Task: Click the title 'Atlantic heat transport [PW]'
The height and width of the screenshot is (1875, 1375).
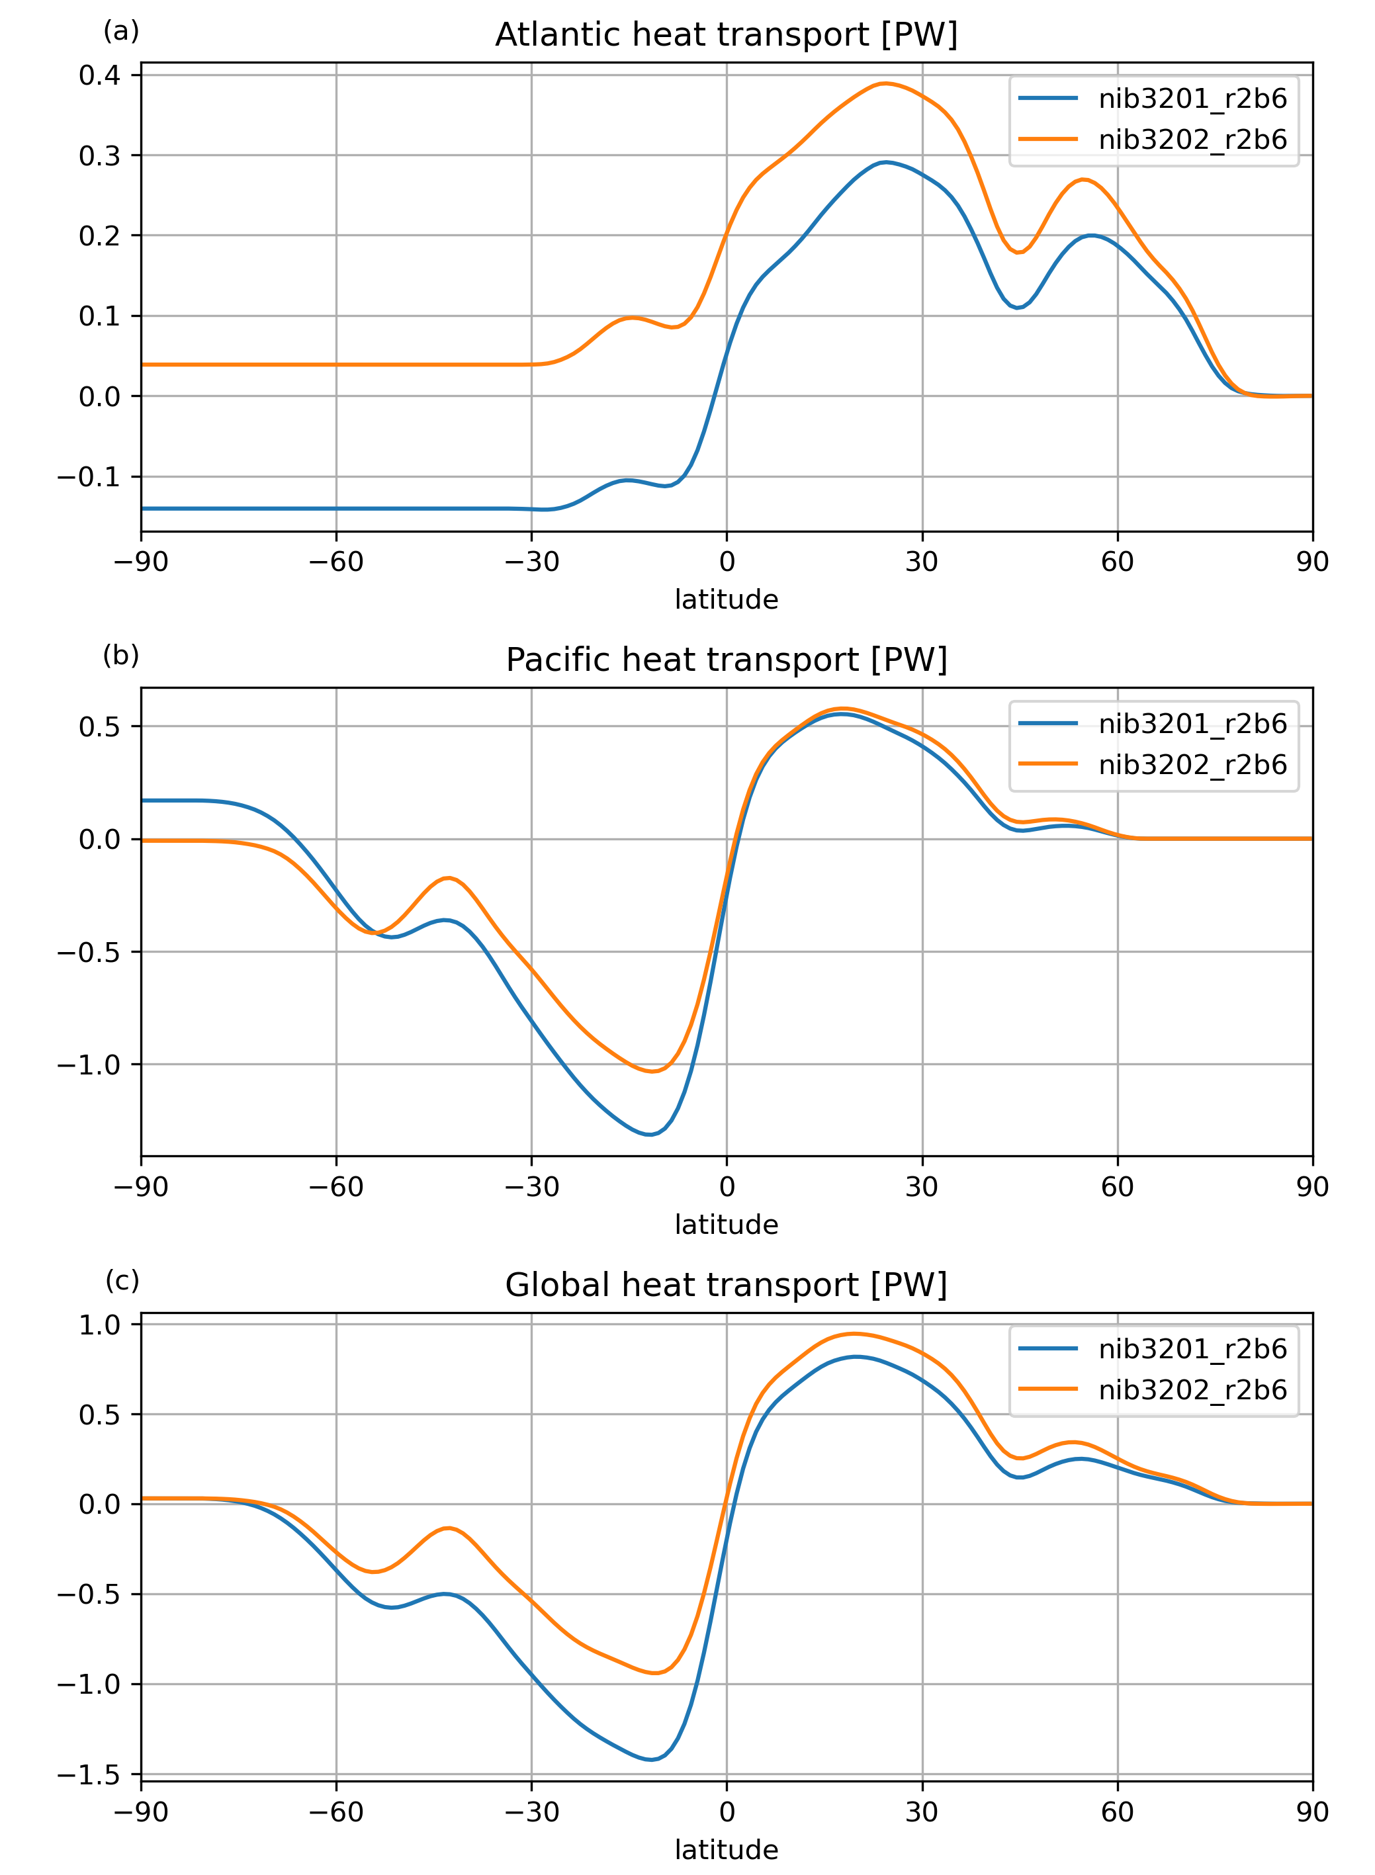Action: (726, 35)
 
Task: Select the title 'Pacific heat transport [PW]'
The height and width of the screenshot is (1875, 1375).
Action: (726, 660)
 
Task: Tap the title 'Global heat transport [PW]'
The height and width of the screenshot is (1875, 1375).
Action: (726, 1285)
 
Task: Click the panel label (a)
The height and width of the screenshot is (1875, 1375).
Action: (120, 32)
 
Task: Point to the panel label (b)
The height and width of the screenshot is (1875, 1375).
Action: (120, 656)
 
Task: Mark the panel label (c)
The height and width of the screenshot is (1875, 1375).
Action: (122, 1281)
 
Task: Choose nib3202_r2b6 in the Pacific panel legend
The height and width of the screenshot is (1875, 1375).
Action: (1192, 765)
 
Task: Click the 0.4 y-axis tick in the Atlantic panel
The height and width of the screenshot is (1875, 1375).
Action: (99, 75)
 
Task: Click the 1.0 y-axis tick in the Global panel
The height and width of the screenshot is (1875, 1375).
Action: (99, 1325)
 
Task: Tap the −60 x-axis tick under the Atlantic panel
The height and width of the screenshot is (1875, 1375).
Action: (336, 562)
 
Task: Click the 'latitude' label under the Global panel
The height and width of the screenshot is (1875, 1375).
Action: (726, 1850)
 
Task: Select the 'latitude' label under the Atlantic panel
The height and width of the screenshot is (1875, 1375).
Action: (726, 600)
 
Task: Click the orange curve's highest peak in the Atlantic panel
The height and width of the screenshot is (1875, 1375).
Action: (885, 83)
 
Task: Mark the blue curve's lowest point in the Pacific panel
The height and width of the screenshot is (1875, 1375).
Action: (650, 1134)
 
